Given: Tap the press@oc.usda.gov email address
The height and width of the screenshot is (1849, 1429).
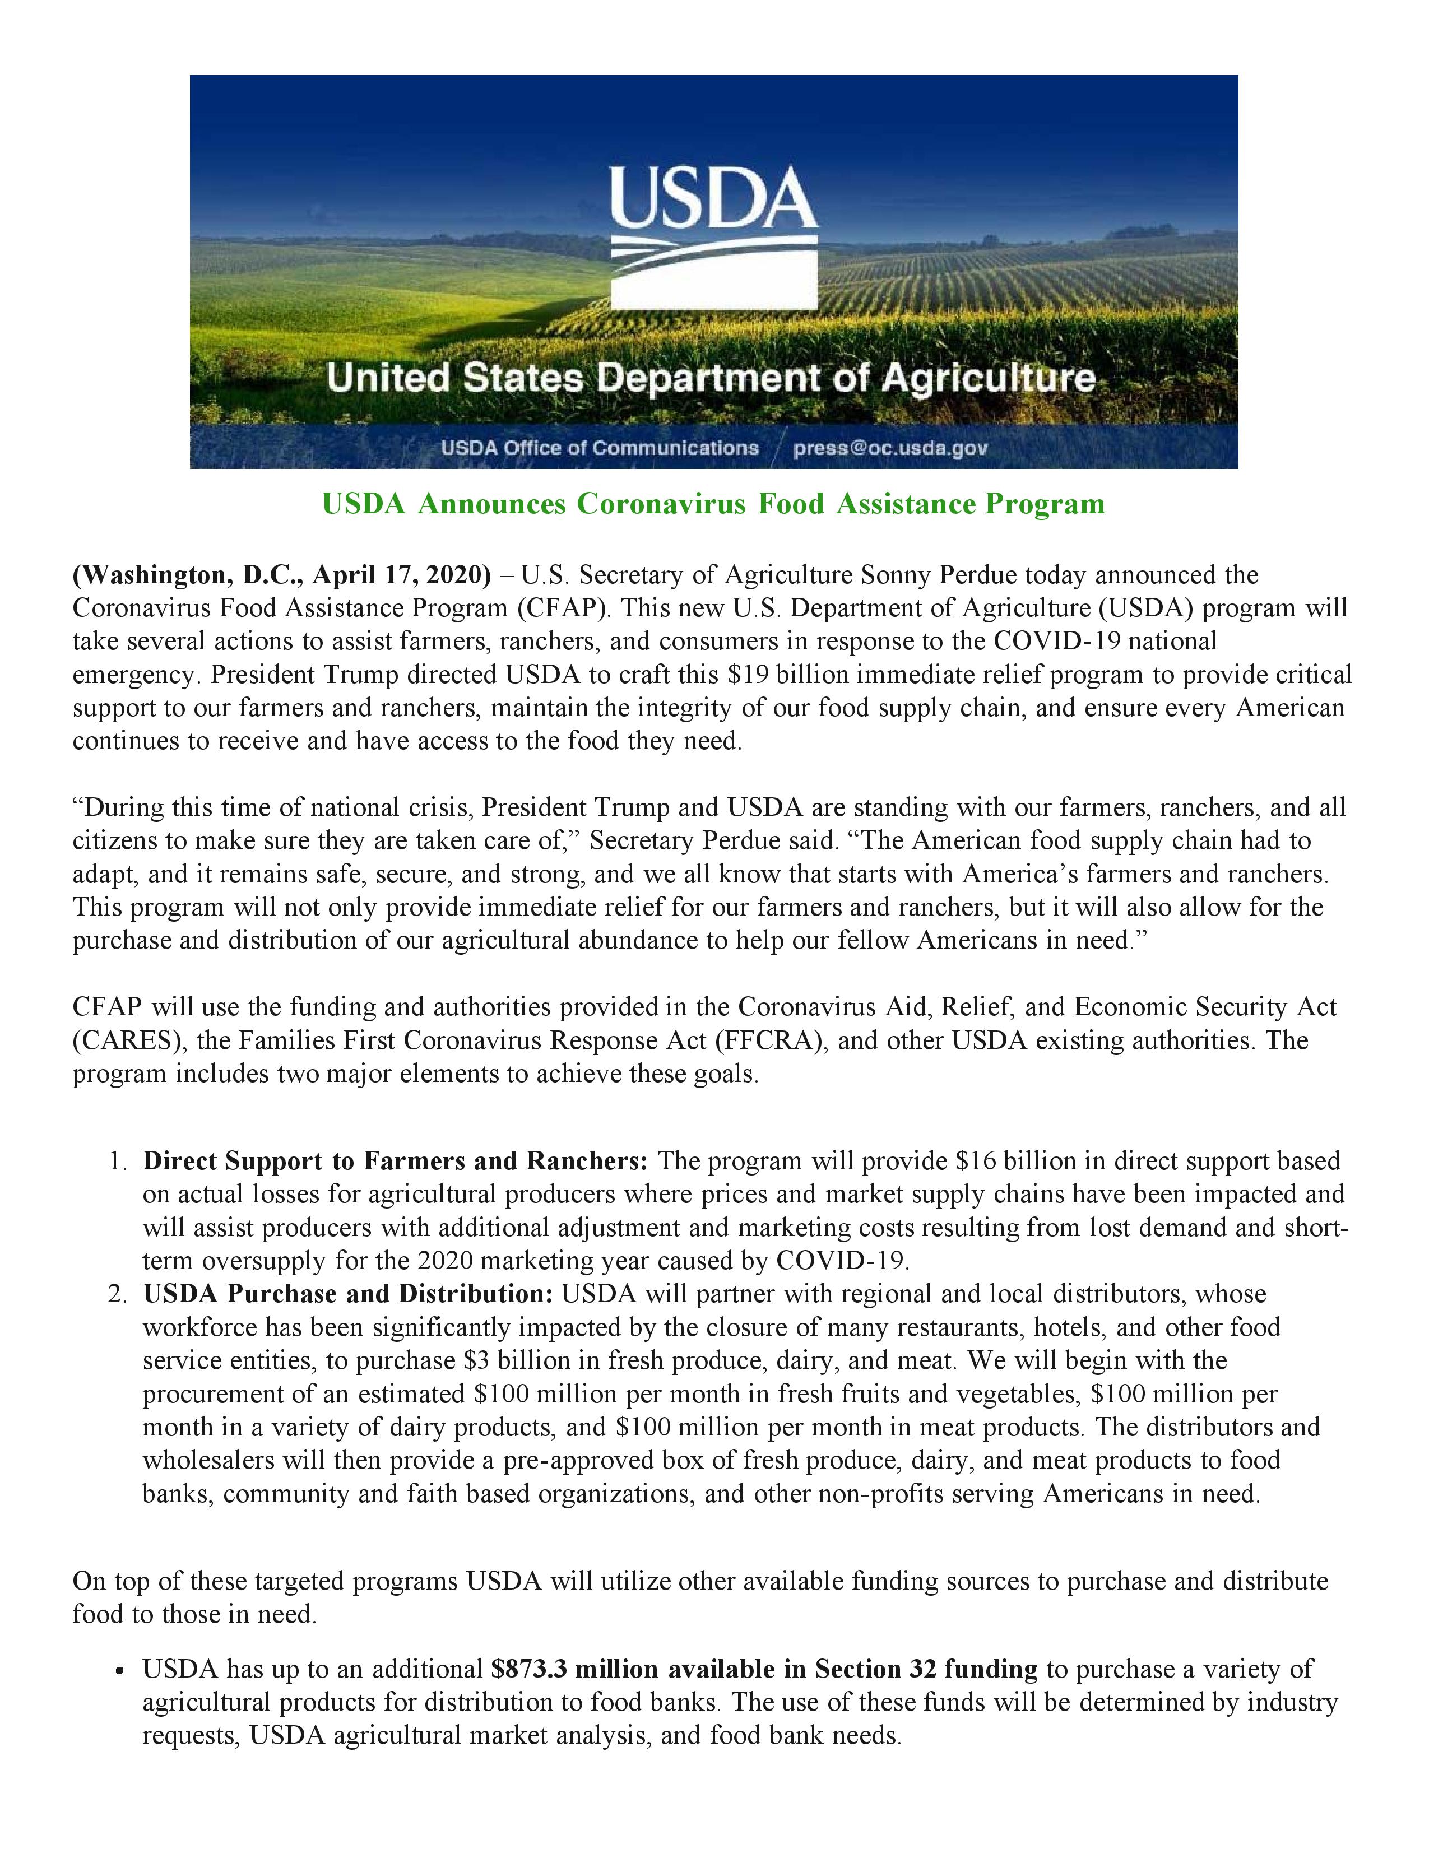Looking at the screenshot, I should (x=890, y=448).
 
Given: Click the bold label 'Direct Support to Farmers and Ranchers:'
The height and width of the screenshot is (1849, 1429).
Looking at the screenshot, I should (x=395, y=1161).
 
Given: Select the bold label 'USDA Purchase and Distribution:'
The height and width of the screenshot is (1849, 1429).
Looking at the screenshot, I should (x=348, y=1294).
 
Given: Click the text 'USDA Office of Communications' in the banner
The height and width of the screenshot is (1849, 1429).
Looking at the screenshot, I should (x=598, y=448).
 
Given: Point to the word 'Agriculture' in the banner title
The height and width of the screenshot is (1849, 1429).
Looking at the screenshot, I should (x=988, y=378).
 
